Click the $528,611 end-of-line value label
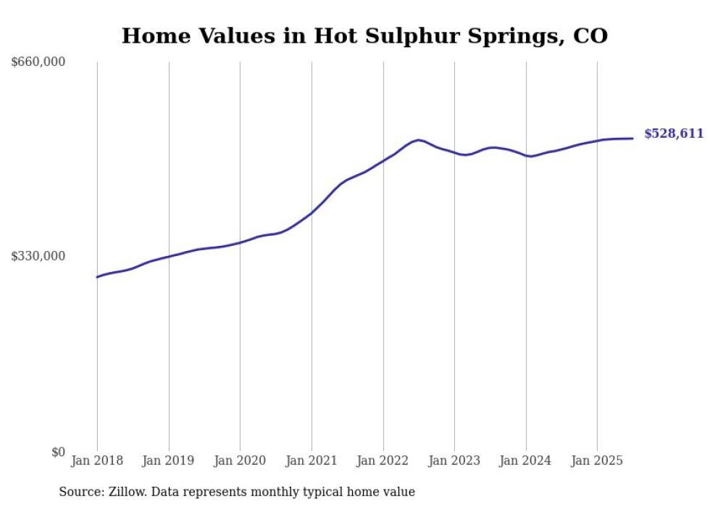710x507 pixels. (x=674, y=133)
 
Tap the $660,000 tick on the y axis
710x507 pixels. (x=38, y=62)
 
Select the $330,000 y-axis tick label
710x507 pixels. (x=38, y=256)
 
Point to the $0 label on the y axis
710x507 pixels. (x=58, y=452)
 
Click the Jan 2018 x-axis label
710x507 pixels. (x=97, y=461)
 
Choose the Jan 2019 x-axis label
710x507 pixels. (x=169, y=461)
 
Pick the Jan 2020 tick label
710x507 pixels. (x=240, y=461)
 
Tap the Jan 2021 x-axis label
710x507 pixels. (x=312, y=461)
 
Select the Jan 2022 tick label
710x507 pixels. (x=383, y=461)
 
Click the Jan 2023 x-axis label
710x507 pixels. (x=454, y=461)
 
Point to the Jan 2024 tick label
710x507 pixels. (x=526, y=461)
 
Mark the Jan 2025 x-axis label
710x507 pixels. (x=597, y=461)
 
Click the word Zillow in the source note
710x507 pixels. (x=122, y=492)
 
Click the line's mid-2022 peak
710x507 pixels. (x=419, y=140)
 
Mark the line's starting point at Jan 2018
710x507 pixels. (x=97, y=277)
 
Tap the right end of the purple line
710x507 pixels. (x=632, y=139)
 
